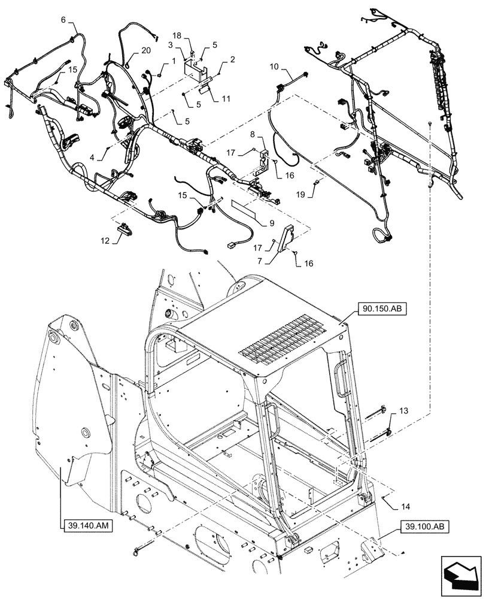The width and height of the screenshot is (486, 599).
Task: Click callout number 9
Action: tap(272, 222)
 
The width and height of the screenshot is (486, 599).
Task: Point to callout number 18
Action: tap(194, 37)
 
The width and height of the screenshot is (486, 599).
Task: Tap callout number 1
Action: tap(173, 61)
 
